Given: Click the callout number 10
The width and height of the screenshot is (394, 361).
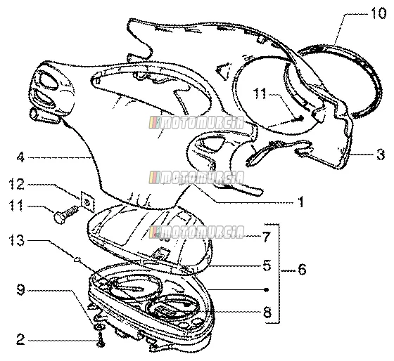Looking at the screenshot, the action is (378, 13).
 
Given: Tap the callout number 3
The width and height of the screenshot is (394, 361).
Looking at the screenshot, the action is (381, 155).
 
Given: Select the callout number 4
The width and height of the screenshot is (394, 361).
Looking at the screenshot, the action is (20, 157).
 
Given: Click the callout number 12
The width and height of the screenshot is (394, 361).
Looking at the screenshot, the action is (17, 185).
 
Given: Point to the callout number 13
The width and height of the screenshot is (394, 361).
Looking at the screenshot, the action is (17, 240).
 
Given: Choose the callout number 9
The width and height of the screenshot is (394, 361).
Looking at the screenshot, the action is (20, 290).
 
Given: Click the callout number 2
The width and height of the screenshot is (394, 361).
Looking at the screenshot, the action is (20, 339).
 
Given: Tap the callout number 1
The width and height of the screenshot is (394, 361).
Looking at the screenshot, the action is (300, 202).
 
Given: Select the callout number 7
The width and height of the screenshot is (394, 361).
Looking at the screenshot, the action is (267, 237).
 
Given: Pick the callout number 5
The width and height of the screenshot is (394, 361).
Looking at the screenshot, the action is (267, 265).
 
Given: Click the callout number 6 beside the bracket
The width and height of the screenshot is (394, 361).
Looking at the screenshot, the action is (302, 269).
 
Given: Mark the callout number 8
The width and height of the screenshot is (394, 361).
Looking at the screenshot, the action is (267, 312).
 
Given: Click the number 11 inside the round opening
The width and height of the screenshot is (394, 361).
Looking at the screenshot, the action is (260, 94).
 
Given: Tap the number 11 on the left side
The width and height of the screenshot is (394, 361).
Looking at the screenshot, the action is (17, 206).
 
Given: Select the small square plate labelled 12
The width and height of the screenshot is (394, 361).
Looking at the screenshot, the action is (88, 202).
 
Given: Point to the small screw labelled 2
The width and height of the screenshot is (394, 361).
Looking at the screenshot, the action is (101, 339).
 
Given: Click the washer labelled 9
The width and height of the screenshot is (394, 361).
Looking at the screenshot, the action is (99, 327).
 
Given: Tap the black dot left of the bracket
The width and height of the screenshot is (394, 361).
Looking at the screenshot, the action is (267, 290).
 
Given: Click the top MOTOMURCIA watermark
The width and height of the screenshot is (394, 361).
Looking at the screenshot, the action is (196, 122).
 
